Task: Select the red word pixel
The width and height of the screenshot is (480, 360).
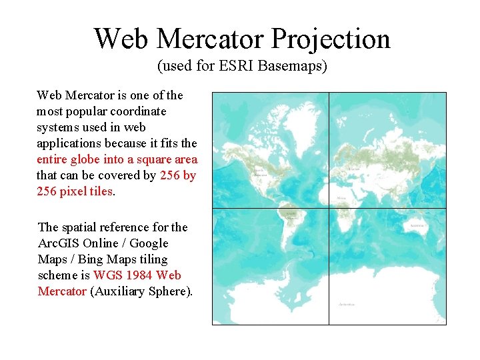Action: [x=72, y=191]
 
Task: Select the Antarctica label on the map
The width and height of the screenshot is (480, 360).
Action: [x=346, y=304]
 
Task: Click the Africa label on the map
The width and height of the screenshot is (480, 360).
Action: [x=341, y=199]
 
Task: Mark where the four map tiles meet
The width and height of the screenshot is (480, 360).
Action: [x=329, y=209]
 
